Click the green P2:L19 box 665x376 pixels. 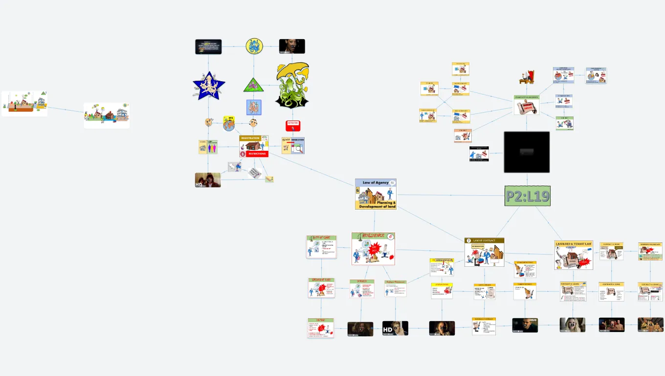click(x=527, y=196)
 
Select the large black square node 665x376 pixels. click(x=527, y=152)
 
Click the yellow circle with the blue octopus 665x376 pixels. click(x=254, y=47)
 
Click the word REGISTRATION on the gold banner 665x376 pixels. click(x=250, y=138)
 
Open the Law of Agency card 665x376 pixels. click(x=376, y=194)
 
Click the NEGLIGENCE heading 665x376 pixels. click(x=373, y=235)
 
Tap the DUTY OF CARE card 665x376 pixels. click(x=321, y=247)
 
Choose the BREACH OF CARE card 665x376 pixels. click(x=321, y=288)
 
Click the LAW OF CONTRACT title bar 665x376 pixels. click(x=484, y=240)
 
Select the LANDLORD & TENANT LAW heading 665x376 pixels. click(x=574, y=244)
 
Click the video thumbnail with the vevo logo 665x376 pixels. click(x=525, y=325)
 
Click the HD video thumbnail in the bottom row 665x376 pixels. click(x=395, y=328)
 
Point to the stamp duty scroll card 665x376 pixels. click(x=526, y=105)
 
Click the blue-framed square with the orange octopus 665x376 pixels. click(x=254, y=107)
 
